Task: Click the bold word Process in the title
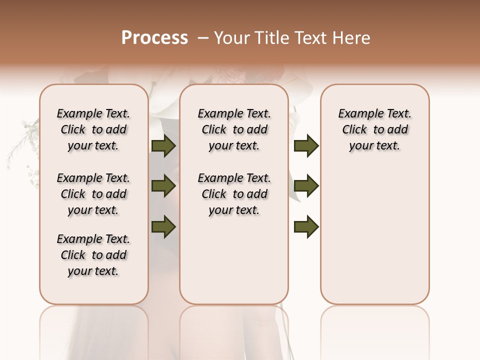(154, 38)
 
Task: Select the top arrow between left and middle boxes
(163, 146)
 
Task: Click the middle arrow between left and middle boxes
(163, 186)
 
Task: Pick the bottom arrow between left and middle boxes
(163, 226)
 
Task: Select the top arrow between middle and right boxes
(306, 146)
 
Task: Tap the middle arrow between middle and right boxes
(306, 186)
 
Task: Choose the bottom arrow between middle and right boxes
(306, 226)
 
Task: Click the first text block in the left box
(93, 129)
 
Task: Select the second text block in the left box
(93, 194)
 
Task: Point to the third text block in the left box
(93, 255)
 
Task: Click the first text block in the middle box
(234, 129)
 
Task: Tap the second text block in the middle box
(234, 194)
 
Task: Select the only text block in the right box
(374, 129)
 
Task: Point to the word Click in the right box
(354, 130)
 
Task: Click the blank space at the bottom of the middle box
(234, 265)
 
